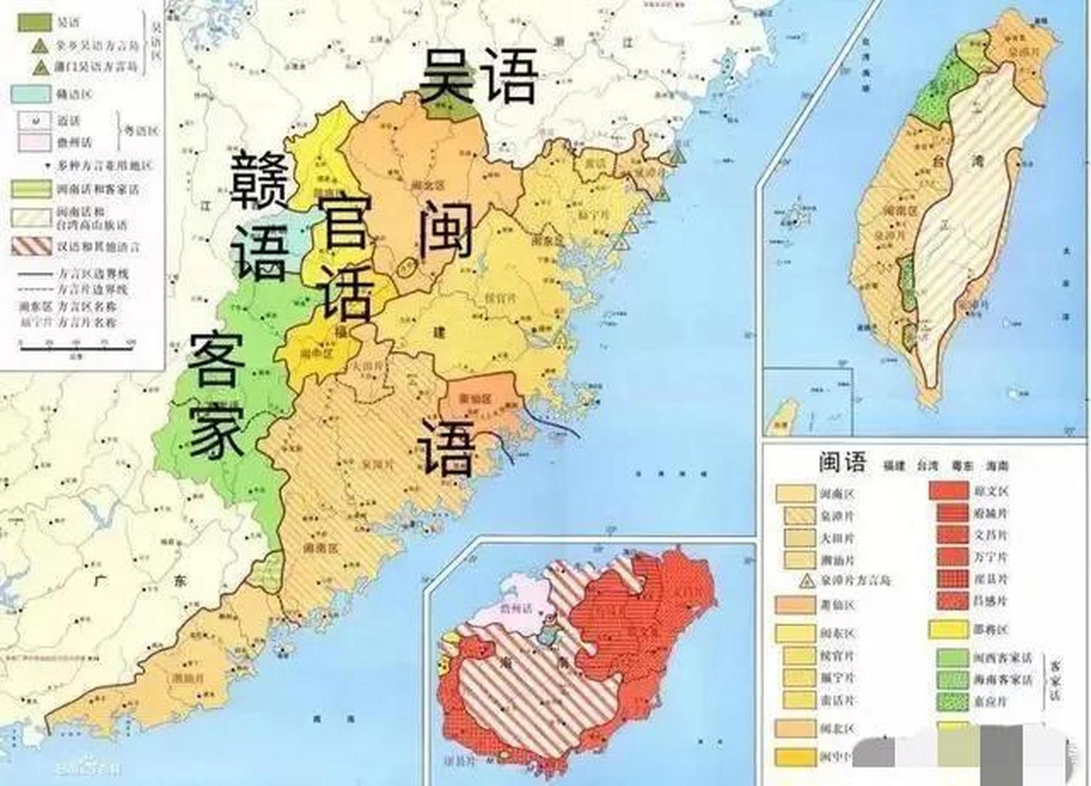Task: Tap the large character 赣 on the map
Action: pyautogui.click(x=260, y=179)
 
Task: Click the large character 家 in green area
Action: pyautogui.click(x=216, y=429)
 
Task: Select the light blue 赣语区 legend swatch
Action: pyautogui.click(x=31, y=94)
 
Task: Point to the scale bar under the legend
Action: pyautogui.click(x=77, y=348)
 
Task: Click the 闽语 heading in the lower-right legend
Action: pyautogui.click(x=842, y=462)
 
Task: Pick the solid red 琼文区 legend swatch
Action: pyautogui.click(x=949, y=491)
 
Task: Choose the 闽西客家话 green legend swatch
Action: pyautogui.click(x=953, y=658)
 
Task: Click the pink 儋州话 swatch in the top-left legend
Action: pyautogui.click(x=34, y=142)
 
